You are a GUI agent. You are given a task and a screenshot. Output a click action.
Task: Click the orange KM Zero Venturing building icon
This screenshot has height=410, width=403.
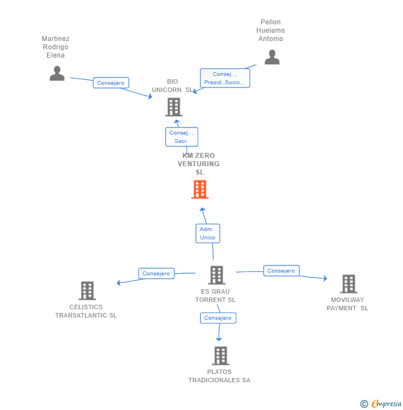click(200, 189)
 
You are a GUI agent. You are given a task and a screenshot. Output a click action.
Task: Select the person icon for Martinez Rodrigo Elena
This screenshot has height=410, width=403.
click(57, 73)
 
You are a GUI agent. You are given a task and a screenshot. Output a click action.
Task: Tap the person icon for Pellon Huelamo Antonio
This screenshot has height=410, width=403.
click(272, 57)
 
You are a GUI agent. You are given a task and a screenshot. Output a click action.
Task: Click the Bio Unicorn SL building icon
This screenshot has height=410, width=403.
click(174, 107)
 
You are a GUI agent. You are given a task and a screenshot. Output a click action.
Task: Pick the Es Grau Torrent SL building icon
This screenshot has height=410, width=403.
click(216, 275)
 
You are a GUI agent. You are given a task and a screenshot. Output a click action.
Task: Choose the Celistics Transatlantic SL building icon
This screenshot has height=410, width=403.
click(87, 290)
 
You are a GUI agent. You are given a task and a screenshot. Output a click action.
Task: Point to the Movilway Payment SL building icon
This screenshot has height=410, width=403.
click(349, 284)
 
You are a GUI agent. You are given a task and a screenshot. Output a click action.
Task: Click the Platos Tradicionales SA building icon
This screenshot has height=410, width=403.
click(221, 356)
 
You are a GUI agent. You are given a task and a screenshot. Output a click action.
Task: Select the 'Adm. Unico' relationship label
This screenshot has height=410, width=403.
click(208, 233)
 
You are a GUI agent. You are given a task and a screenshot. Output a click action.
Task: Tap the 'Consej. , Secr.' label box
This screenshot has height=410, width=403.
click(182, 137)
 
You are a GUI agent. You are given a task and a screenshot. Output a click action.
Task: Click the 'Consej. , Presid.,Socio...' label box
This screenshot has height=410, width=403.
click(225, 78)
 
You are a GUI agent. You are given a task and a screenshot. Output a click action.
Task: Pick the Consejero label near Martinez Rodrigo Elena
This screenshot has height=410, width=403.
click(111, 83)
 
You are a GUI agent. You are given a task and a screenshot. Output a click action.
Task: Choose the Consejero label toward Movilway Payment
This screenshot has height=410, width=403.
click(281, 270)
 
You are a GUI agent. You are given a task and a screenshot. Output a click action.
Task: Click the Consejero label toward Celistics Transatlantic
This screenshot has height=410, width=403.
click(156, 273)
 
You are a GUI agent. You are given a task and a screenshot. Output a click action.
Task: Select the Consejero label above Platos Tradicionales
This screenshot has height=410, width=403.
click(218, 317)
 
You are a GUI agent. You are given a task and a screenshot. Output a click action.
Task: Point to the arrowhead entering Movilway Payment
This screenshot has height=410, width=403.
click(325, 278)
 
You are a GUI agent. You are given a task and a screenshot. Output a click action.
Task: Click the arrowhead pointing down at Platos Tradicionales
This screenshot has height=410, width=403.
click(219, 339)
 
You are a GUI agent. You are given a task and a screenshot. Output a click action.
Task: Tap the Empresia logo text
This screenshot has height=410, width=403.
click(386, 403)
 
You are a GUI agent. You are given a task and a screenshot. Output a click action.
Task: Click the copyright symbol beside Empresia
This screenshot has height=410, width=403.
click(364, 404)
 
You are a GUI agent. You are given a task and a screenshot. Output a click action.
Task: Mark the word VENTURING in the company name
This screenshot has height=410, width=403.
click(199, 163)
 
